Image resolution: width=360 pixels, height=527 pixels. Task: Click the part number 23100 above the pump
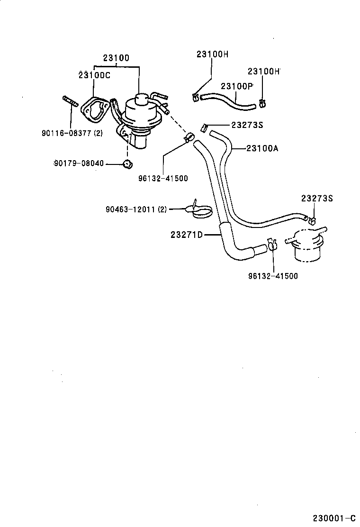click(116, 58)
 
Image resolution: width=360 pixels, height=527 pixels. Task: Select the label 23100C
click(94, 75)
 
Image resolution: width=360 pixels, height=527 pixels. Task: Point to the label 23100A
click(262, 148)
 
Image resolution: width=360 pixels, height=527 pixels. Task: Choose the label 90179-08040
click(78, 164)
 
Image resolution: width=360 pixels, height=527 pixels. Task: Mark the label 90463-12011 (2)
click(136, 209)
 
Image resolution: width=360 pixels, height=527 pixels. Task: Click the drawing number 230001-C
click(333, 517)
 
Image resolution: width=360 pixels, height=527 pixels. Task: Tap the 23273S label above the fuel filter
click(317, 199)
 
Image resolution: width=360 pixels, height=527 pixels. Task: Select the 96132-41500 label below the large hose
click(273, 276)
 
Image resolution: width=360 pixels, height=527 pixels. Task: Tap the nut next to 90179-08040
click(127, 164)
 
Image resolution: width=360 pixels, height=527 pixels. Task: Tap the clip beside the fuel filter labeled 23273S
click(312, 219)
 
